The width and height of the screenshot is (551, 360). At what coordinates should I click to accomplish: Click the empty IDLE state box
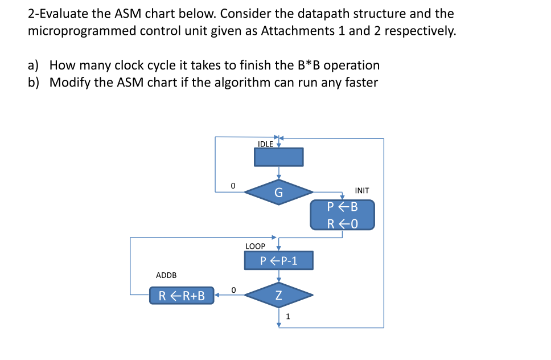click(x=278, y=157)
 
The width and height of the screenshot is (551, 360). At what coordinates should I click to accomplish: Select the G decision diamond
click(x=278, y=193)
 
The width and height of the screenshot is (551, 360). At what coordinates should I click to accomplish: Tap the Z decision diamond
click(x=278, y=295)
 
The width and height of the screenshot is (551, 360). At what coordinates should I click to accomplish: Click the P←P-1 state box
click(x=278, y=261)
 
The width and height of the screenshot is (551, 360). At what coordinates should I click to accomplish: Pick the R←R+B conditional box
click(x=182, y=295)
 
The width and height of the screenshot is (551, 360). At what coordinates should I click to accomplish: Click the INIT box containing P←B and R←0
click(x=342, y=215)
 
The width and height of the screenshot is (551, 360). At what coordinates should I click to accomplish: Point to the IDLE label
click(x=265, y=144)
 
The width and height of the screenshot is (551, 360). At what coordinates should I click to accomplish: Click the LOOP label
click(x=255, y=247)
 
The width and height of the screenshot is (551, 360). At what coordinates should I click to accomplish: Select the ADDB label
click(x=166, y=275)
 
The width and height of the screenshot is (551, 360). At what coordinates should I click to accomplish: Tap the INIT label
click(x=361, y=190)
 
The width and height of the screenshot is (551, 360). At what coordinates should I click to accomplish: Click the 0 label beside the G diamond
click(x=232, y=185)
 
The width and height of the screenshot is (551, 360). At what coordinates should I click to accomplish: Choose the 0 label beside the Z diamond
click(x=233, y=289)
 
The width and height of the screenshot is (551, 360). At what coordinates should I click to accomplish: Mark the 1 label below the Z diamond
click(x=287, y=317)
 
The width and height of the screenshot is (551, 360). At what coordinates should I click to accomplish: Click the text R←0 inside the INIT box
click(x=342, y=223)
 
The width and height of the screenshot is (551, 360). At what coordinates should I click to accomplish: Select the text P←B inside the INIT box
click(x=342, y=207)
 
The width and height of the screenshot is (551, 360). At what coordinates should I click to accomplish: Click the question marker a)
click(x=34, y=66)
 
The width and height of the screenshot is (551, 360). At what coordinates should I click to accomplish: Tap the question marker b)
click(x=34, y=83)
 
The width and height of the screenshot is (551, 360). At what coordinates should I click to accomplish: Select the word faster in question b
click(x=359, y=83)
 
